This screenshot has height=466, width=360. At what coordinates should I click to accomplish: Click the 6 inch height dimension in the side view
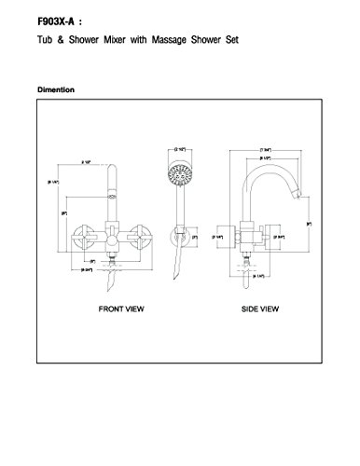[x=308, y=225]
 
